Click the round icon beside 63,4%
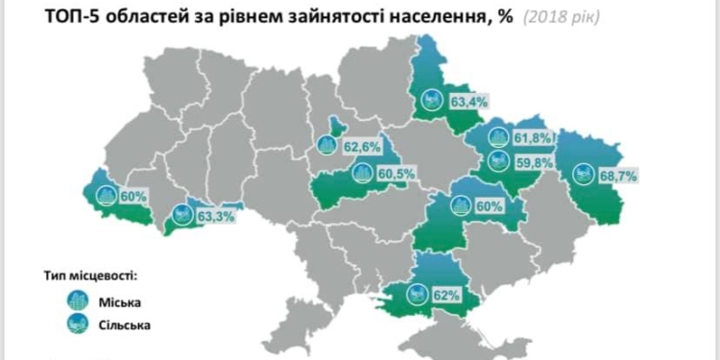(x=434, y=99)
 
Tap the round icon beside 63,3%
(x=180, y=215)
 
